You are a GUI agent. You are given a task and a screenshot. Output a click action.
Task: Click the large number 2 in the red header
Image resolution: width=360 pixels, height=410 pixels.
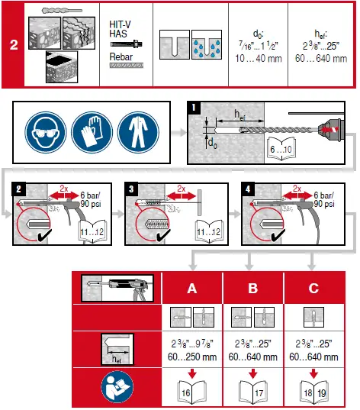pos(13,44)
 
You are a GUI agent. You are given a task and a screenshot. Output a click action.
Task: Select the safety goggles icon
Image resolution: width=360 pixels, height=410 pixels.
pos(41,132)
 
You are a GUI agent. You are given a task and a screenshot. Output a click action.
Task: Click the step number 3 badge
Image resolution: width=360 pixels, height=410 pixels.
pos(133,187)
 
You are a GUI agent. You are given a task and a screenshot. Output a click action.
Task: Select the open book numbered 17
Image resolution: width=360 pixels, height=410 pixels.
pos(252,392)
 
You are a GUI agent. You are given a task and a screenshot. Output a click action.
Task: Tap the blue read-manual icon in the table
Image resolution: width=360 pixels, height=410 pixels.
pos(112,386)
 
